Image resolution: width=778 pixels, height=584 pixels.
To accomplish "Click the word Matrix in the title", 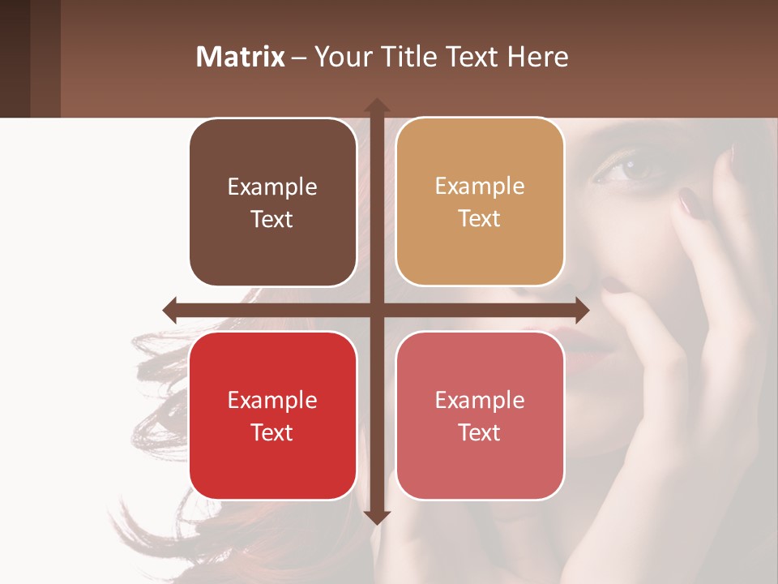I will tap(240, 57).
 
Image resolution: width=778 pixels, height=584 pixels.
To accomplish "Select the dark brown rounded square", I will tap(272, 203).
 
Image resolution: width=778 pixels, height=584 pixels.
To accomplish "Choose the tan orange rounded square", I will tap(480, 202).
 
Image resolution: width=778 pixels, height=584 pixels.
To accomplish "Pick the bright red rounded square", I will tap(272, 416).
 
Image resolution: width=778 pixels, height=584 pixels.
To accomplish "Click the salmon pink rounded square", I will tap(480, 416).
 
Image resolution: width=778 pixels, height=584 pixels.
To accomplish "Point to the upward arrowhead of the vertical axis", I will tap(376, 105).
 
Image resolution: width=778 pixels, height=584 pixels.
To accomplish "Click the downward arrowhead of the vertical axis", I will tap(376, 517).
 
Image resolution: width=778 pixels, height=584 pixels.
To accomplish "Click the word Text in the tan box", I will tap(479, 219).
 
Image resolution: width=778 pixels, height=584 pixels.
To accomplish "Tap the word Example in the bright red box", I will tap(271, 400).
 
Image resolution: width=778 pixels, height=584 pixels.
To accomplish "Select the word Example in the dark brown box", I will tap(271, 187).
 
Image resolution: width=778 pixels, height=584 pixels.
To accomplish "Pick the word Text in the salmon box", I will tap(479, 432).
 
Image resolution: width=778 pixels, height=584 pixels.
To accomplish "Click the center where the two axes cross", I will tap(376, 310).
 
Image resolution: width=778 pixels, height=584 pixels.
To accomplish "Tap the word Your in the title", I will tap(341, 57).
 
